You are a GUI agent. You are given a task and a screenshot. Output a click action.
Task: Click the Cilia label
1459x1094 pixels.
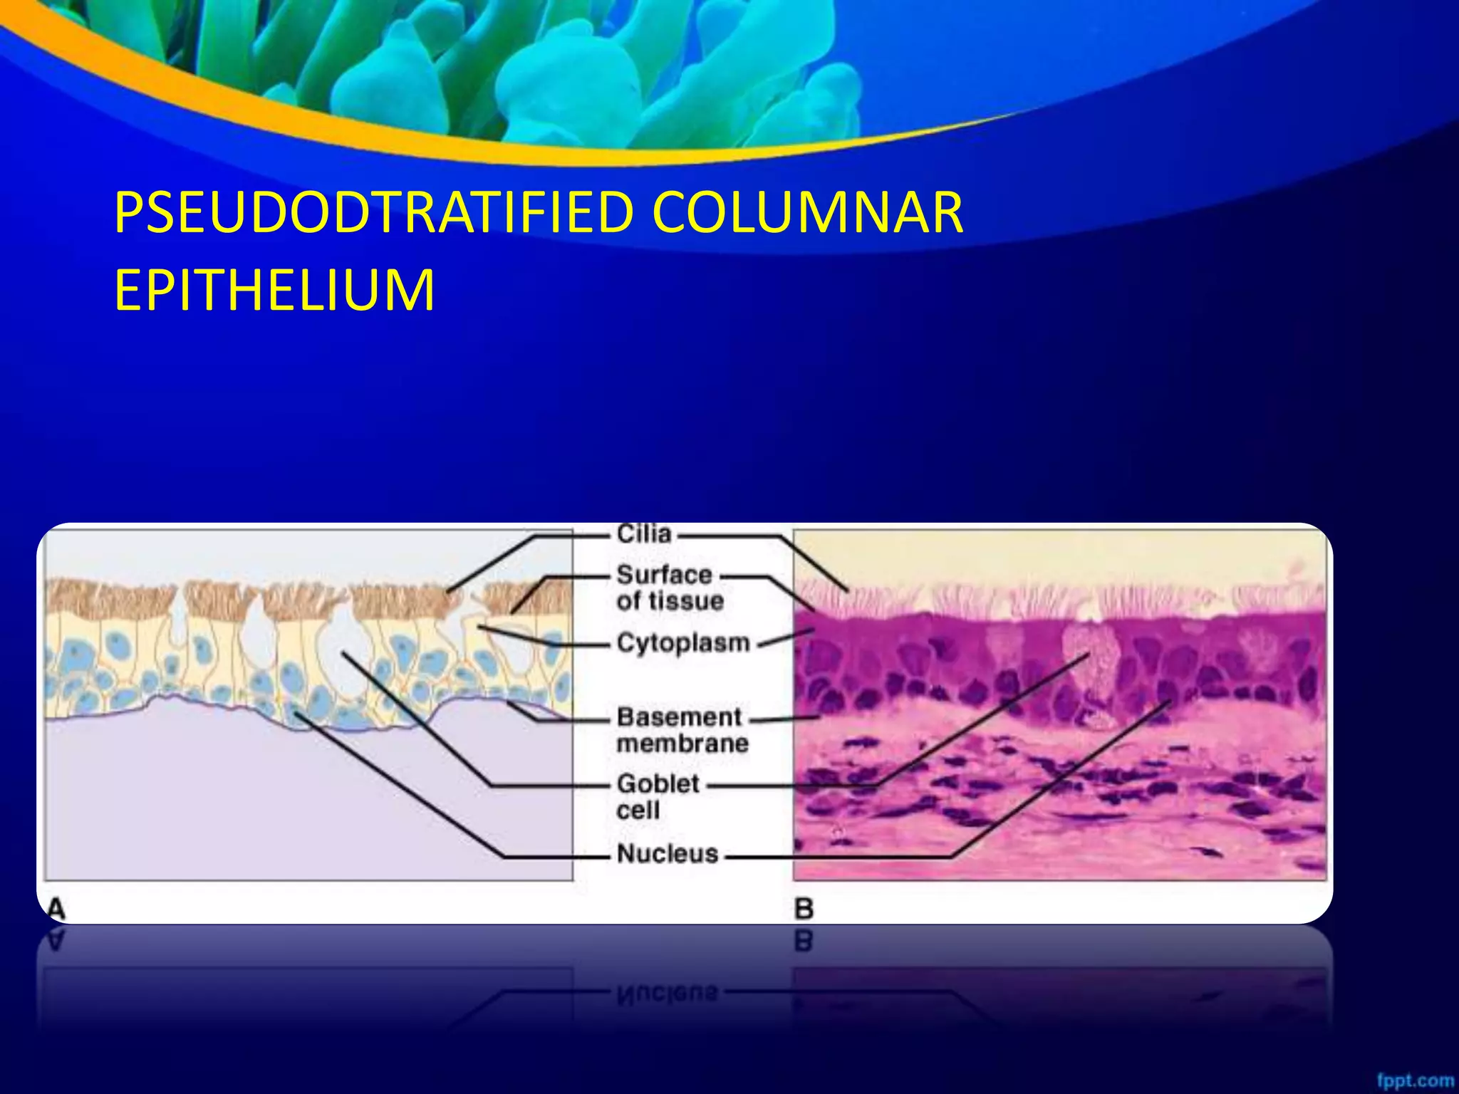tap(644, 533)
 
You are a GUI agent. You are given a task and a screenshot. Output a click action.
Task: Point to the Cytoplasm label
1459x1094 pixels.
tap(682, 642)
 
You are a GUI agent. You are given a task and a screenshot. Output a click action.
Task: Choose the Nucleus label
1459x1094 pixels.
tap(668, 853)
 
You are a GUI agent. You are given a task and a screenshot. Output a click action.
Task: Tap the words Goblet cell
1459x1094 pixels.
tap(657, 796)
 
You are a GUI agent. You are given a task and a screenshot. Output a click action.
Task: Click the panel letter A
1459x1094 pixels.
tap(56, 908)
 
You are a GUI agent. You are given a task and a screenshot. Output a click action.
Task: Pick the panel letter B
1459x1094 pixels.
tap(804, 908)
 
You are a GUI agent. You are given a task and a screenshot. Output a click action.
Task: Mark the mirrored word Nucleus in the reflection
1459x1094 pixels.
tap(668, 991)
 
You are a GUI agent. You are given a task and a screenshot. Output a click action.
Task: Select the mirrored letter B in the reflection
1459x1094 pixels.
tap(804, 941)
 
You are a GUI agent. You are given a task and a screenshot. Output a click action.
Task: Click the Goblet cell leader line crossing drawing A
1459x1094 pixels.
tap(420, 719)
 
